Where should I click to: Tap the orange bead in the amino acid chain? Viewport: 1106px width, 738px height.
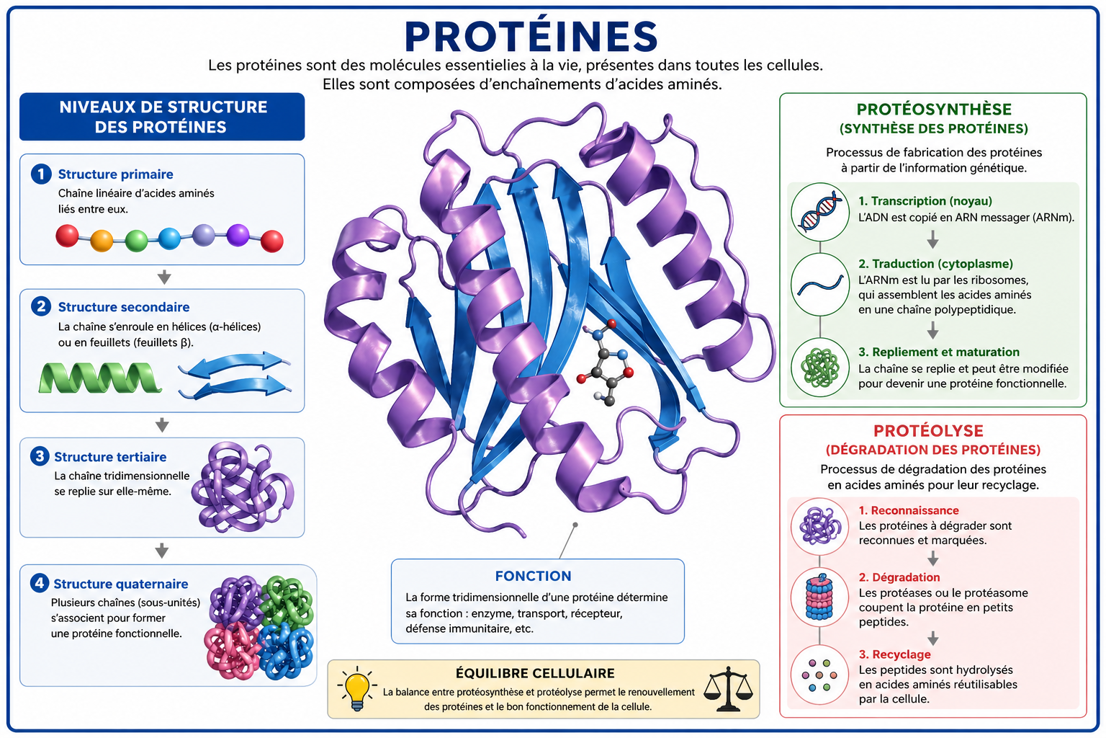coord(102,241)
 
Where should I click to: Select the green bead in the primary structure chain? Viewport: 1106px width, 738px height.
coord(136,241)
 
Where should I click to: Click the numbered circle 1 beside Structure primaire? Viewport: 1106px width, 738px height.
coord(41,174)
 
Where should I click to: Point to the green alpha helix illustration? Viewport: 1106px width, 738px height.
coord(100,378)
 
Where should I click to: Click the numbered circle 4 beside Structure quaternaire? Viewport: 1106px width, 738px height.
coord(40,583)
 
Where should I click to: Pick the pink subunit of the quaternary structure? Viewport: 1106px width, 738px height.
coord(232,650)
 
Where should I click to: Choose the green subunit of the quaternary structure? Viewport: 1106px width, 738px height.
coord(287,602)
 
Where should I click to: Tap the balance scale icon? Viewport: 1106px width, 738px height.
coord(728,688)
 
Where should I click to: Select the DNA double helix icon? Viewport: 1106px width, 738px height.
coord(820,212)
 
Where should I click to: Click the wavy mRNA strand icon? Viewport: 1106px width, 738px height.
coord(820,285)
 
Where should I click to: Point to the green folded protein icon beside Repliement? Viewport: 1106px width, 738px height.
coord(820,368)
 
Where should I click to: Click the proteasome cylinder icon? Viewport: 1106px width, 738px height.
coord(819,597)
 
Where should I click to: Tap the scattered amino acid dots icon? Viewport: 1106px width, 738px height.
coord(819,675)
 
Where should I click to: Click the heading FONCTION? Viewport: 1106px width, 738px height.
coord(534,576)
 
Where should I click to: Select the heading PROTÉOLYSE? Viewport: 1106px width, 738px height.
coord(928,430)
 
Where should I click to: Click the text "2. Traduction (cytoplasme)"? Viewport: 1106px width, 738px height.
coord(935,264)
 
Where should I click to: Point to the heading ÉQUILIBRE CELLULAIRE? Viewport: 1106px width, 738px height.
coord(535,673)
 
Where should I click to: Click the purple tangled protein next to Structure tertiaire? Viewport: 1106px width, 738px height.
coord(243,487)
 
